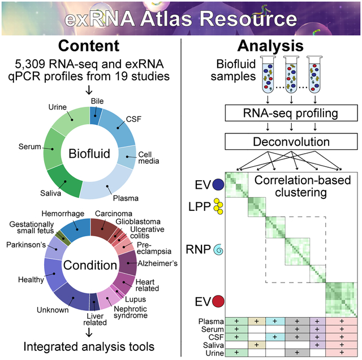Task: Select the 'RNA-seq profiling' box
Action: tap(290, 112)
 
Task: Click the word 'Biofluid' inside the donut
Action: tap(90, 154)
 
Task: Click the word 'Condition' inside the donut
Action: tap(90, 265)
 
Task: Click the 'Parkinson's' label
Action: tap(26, 245)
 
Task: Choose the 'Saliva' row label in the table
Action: tap(209, 344)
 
